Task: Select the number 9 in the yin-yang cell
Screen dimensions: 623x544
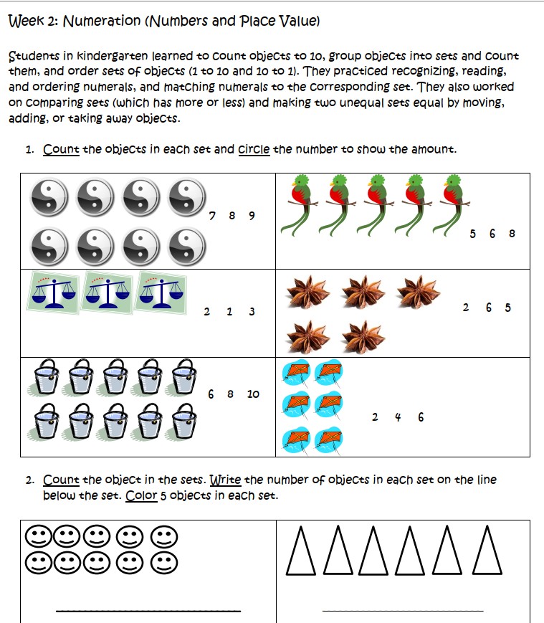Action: tap(251, 215)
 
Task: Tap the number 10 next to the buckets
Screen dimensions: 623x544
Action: tap(253, 394)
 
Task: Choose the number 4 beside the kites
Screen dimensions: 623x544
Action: tap(397, 417)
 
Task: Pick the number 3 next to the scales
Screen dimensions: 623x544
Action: tap(251, 311)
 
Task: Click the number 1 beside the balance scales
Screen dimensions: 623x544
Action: tap(229, 311)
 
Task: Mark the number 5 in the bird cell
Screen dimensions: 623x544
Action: tap(472, 233)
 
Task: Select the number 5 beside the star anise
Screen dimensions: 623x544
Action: tap(507, 308)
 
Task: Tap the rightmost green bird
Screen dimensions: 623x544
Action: tap(453, 204)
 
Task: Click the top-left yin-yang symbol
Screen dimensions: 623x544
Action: tap(49, 197)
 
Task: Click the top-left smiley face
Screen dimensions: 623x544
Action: tap(37, 536)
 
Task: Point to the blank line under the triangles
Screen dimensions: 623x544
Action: tap(403, 611)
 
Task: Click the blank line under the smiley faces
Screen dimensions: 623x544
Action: tap(148, 611)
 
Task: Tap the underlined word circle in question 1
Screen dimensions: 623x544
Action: tap(254, 150)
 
